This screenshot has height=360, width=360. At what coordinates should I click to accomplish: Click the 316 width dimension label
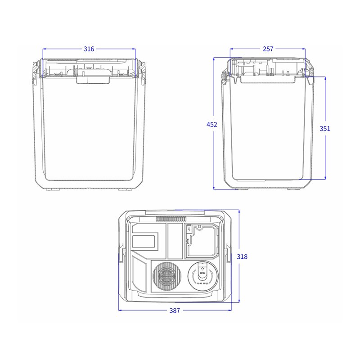pos(89,49)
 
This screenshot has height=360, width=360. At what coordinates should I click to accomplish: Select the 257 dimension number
pos(268,49)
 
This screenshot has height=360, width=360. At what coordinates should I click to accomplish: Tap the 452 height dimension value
pos(212,125)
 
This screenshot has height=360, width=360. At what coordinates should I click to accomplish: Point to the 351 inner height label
pos(325,128)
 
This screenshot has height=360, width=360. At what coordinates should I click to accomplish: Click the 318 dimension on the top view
pos(242,256)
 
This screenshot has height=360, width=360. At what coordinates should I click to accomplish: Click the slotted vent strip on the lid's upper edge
pos(171,219)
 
